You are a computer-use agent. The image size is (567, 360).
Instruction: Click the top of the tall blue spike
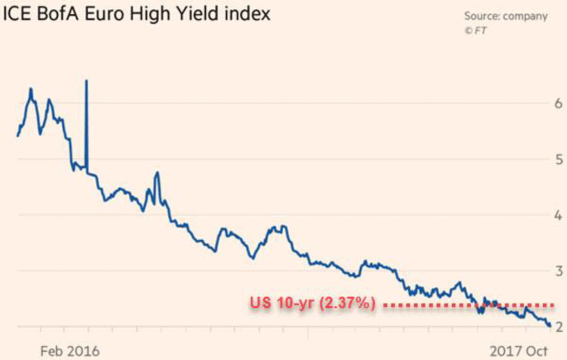click(87, 80)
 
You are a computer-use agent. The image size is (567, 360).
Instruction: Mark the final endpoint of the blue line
click(550, 325)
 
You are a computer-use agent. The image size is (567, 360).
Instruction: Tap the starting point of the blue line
click(17, 136)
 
